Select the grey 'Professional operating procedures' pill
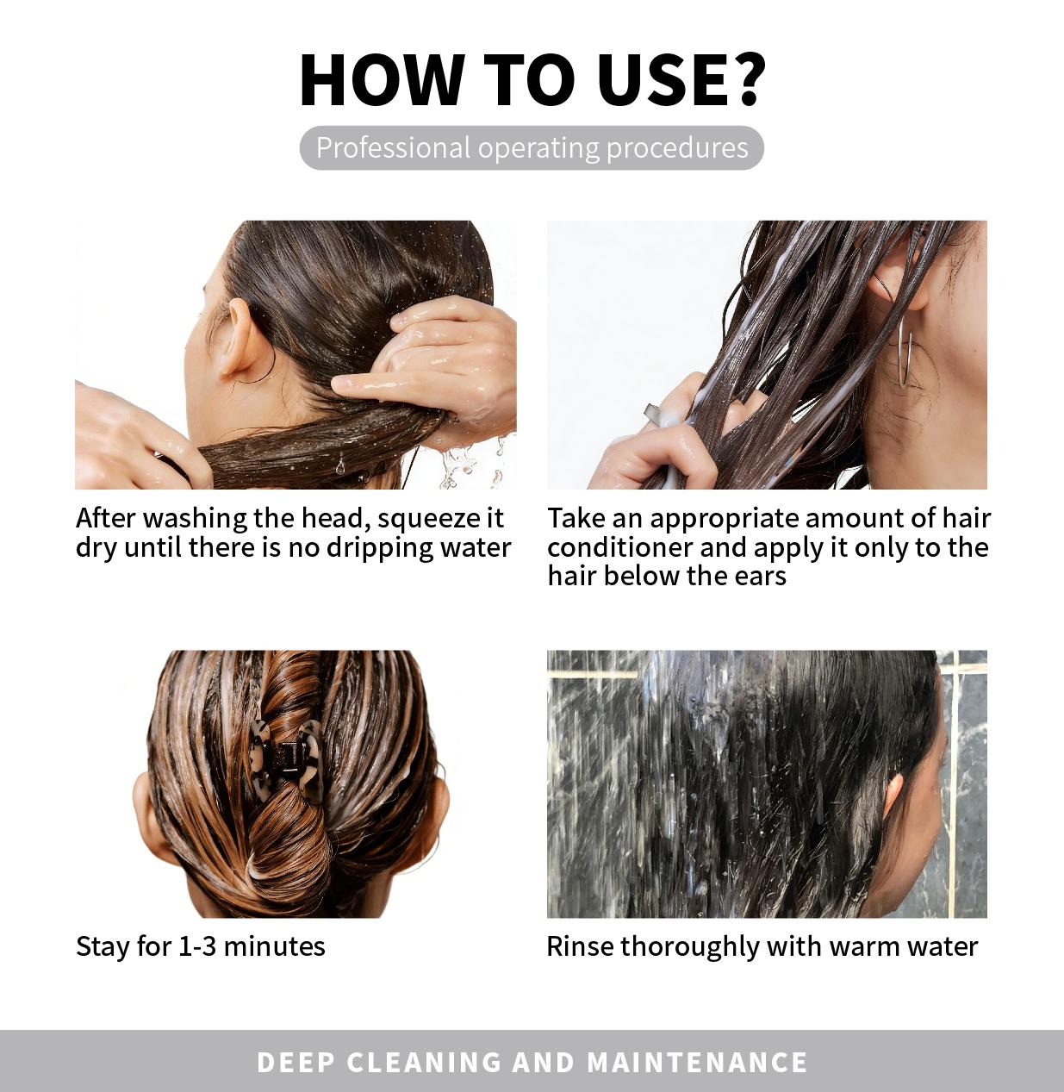[x=532, y=147]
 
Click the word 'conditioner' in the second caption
[x=619, y=547]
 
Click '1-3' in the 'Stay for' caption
[x=197, y=946]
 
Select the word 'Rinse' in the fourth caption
[x=580, y=946]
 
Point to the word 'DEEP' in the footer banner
[x=296, y=1062]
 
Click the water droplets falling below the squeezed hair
[x=461, y=465]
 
